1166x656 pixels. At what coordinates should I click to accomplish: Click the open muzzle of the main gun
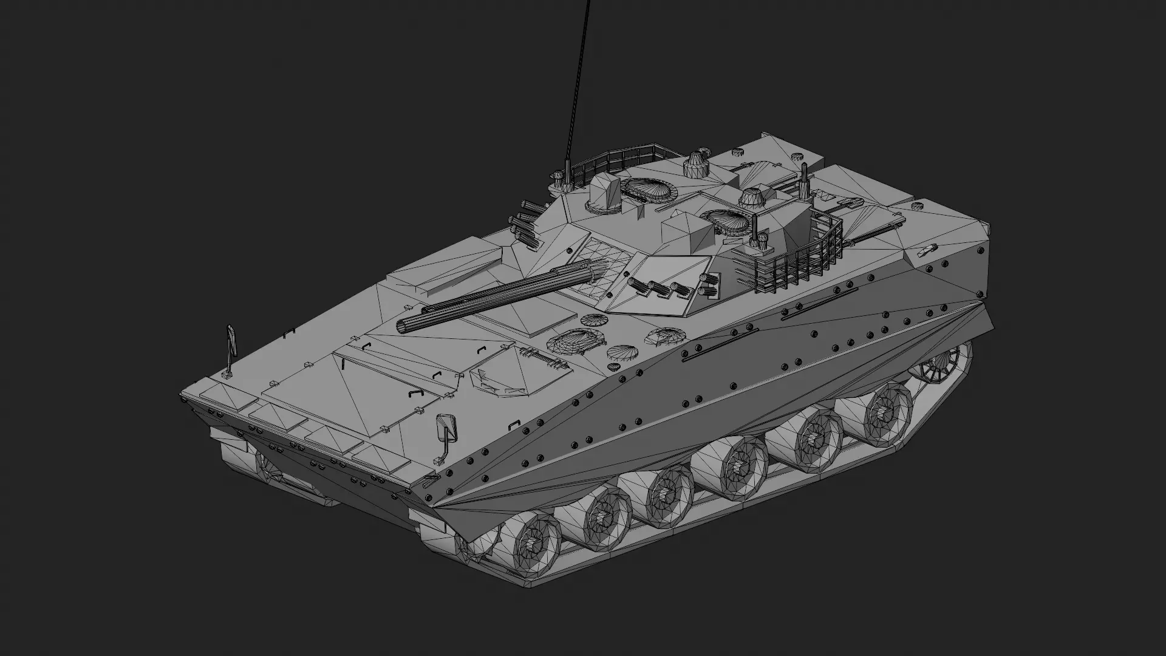(403, 327)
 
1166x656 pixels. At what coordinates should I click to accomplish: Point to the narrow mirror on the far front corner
(231, 341)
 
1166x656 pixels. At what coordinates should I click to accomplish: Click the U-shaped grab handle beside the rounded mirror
(514, 423)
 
